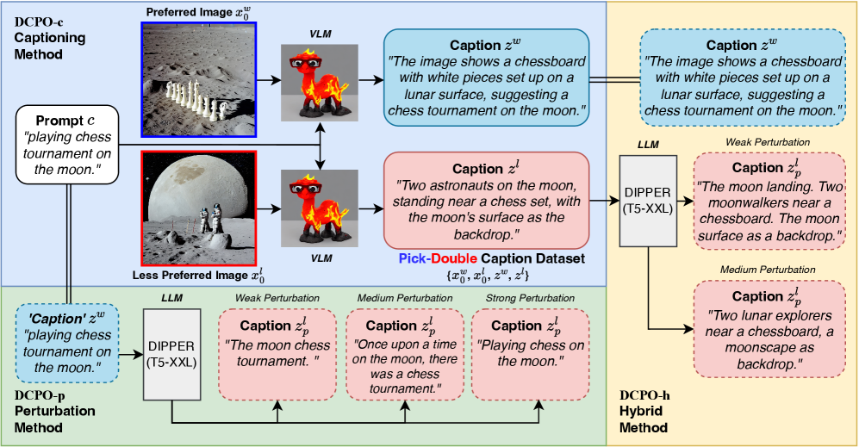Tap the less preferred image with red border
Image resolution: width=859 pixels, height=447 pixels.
(198, 209)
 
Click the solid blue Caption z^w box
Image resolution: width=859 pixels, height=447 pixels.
(487, 78)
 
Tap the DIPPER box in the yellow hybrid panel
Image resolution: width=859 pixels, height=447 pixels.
(647, 201)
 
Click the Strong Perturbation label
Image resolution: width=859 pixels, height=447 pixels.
(529, 298)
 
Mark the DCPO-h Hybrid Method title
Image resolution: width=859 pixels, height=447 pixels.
(650, 411)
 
